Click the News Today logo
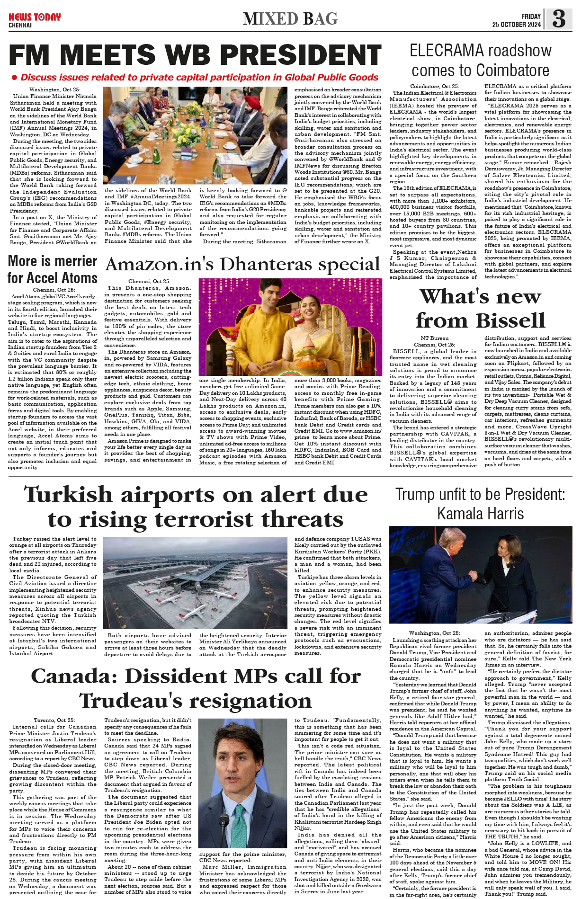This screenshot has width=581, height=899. tap(35, 18)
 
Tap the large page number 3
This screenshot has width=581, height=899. tap(559, 18)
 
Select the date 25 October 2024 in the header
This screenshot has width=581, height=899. tap(516, 25)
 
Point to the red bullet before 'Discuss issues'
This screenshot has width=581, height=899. tap(14, 78)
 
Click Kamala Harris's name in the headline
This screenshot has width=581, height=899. tap(480, 514)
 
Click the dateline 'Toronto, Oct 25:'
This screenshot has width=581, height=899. tap(54, 720)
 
